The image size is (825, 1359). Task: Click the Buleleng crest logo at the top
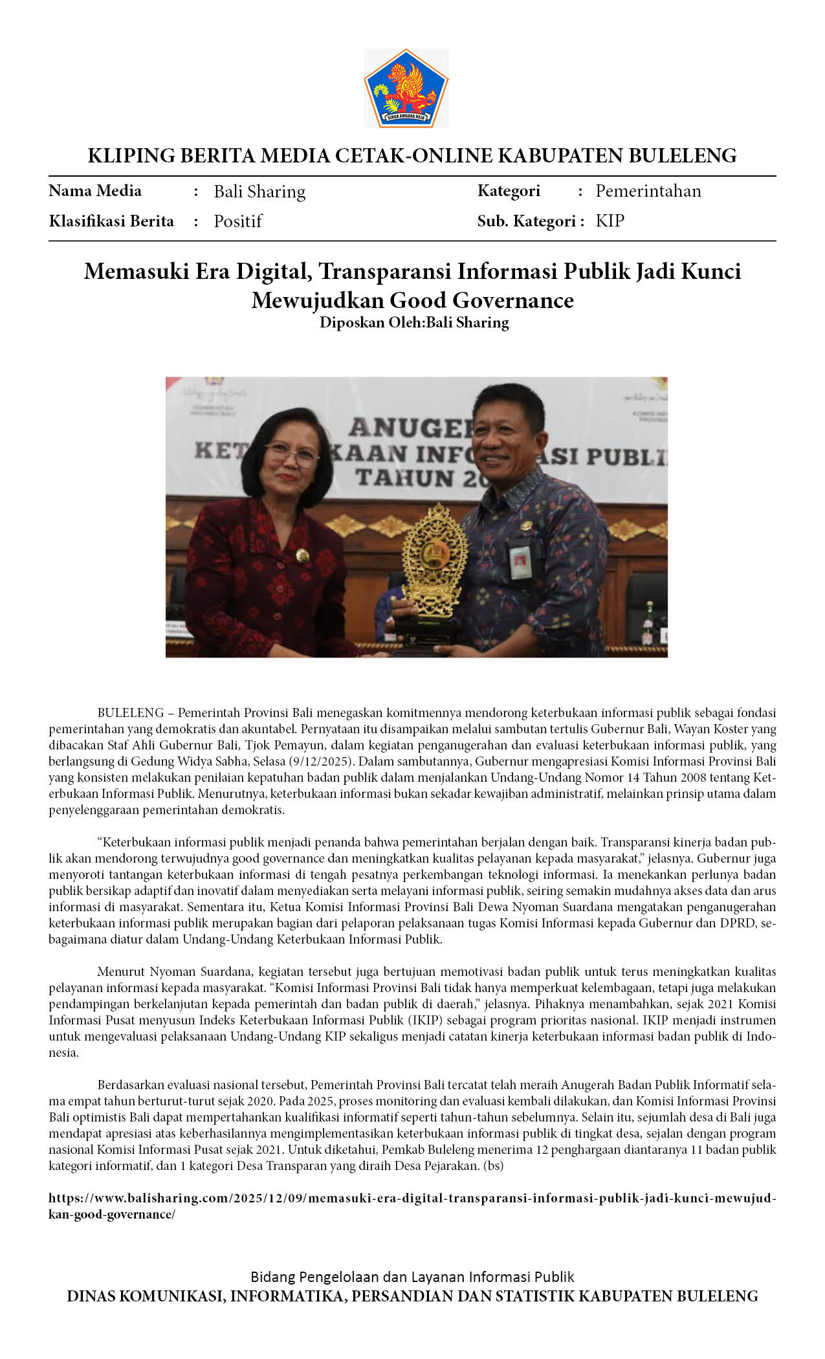(406, 88)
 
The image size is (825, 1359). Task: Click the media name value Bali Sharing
(259, 192)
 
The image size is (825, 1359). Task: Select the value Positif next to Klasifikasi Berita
(237, 221)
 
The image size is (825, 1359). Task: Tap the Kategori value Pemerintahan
(648, 191)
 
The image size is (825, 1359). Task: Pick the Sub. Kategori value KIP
(610, 221)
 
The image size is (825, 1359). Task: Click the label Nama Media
(95, 191)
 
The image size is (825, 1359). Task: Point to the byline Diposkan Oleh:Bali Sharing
(414, 322)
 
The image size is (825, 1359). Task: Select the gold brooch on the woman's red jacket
(302, 555)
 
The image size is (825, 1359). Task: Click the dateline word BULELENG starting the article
(130, 713)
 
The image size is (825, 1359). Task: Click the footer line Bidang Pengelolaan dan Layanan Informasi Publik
(412, 1277)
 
